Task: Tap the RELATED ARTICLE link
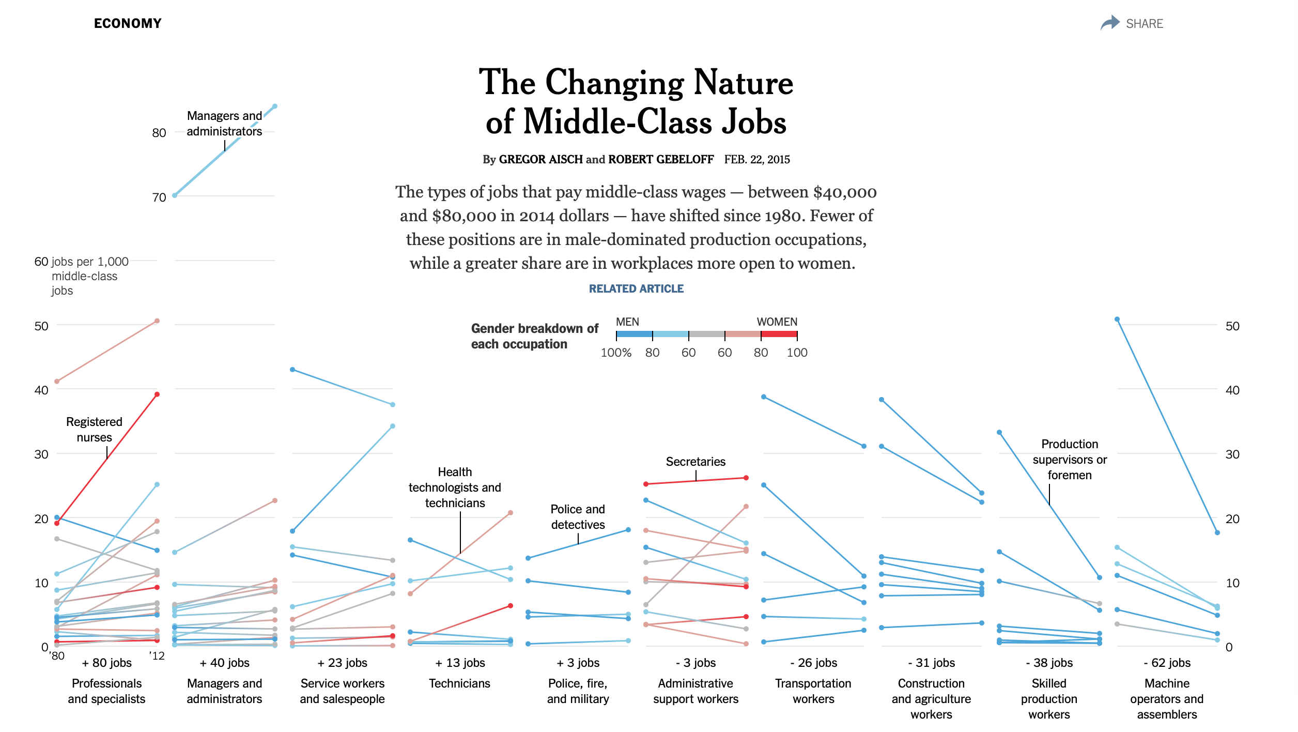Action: tap(636, 288)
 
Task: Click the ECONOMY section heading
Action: tap(128, 23)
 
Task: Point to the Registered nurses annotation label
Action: tap(94, 430)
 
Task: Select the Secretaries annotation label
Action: tap(696, 462)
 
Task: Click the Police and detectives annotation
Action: tap(578, 517)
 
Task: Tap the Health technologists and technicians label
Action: tap(455, 487)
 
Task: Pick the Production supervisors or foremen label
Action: tap(1070, 460)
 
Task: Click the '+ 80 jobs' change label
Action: tap(106, 663)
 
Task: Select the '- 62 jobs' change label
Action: tap(1167, 663)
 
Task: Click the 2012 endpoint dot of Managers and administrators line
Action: tap(275, 106)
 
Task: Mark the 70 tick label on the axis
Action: tap(159, 197)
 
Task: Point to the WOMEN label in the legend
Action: tap(777, 322)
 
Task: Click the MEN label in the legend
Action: tap(627, 322)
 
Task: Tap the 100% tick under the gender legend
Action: tap(616, 353)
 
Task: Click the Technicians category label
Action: tap(459, 683)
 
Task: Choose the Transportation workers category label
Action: tap(813, 691)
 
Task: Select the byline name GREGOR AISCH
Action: tap(540, 159)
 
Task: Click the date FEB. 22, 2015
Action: tap(757, 159)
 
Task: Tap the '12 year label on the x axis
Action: tap(157, 656)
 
